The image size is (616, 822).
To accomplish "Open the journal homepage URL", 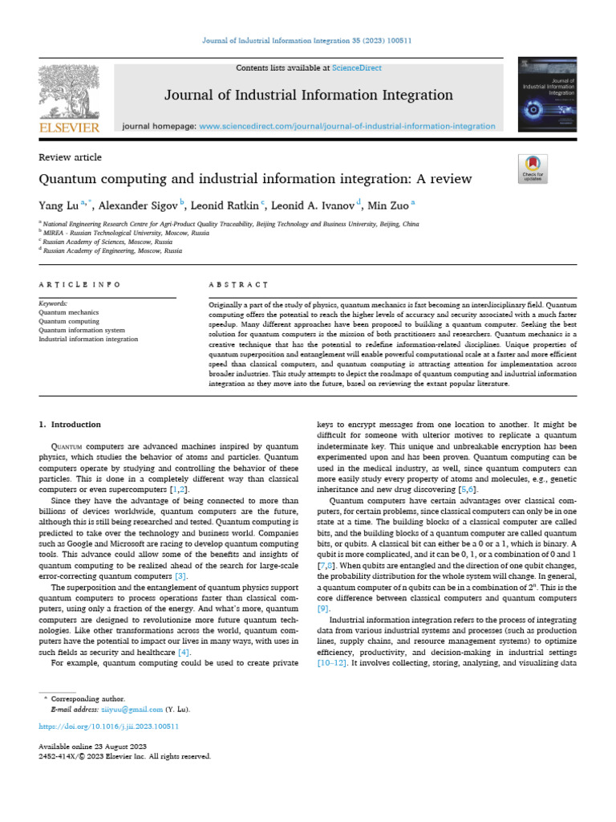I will click(346, 126).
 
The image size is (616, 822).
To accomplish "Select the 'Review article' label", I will click(71, 157).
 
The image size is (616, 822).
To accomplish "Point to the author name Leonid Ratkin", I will click(225, 205).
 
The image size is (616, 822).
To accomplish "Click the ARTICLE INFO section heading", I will click(80, 285).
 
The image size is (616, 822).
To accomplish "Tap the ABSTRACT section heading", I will click(237, 285).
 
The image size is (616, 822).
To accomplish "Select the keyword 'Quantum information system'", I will click(82, 330).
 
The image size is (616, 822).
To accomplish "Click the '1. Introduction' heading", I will click(71, 424).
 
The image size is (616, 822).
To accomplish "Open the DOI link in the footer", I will click(108, 726).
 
